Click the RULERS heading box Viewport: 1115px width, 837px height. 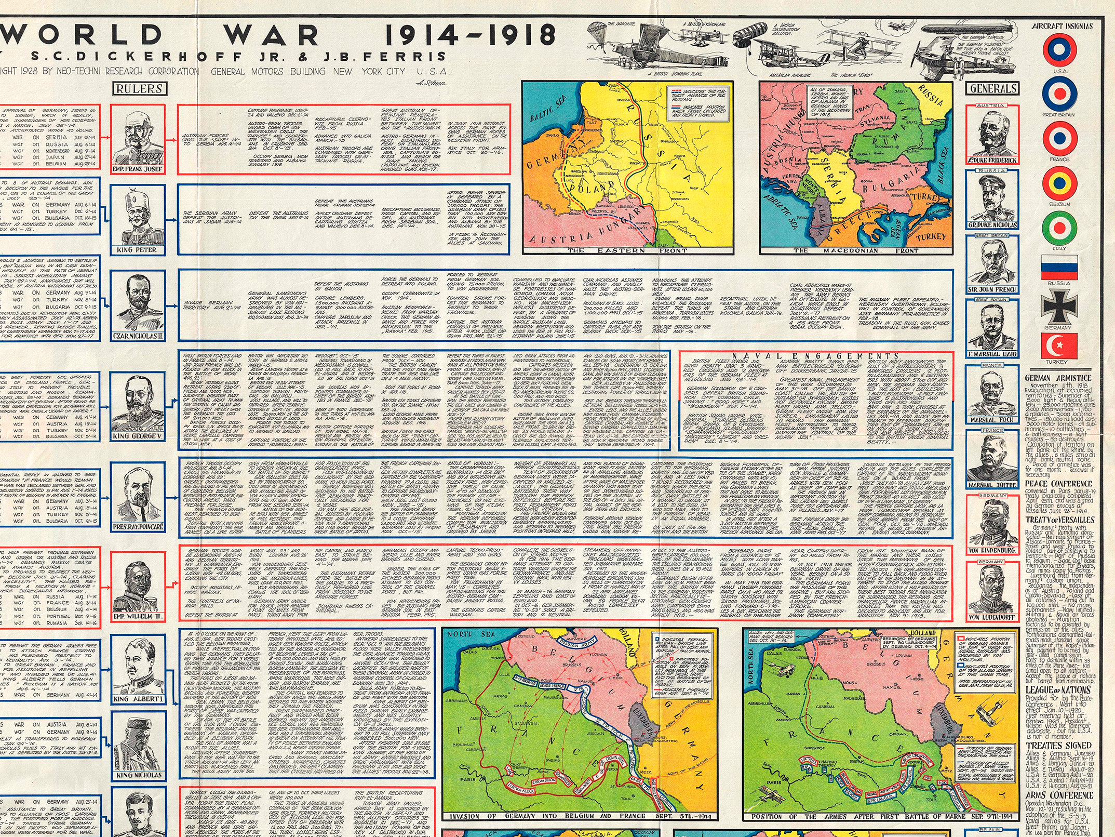click(139, 89)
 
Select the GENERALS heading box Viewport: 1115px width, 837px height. click(992, 89)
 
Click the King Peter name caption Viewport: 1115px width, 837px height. click(137, 250)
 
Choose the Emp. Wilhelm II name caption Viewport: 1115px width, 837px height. click(138, 617)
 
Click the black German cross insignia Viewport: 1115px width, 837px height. click(1059, 307)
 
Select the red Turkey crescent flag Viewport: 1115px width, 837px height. click(1059, 346)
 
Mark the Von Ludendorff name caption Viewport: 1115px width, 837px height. click(991, 618)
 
